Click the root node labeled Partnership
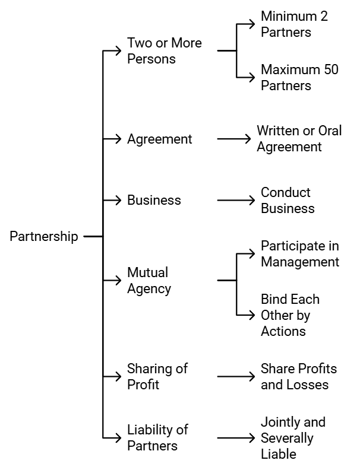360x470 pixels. tap(43, 236)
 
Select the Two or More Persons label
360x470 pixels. tap(164, 51)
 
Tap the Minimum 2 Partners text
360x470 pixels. tap(294, 24)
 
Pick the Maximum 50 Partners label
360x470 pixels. tap(299, 78)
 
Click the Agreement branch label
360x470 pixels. tap(159, 139)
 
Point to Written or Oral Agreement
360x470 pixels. tap(299, 138)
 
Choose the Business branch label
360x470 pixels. tap(154, 200)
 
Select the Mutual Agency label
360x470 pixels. tap(149, 281)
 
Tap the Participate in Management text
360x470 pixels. tap(300, 254)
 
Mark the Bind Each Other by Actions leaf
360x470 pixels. tap(290, 315)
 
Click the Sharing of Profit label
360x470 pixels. tap(157, 376)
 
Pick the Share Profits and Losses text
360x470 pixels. tap(298, 376)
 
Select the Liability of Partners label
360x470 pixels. tap(157, 437)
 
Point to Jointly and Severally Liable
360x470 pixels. tap(293, 438)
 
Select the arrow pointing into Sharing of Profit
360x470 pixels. tap(112, 376)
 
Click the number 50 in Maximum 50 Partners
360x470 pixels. tap(330, 69)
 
